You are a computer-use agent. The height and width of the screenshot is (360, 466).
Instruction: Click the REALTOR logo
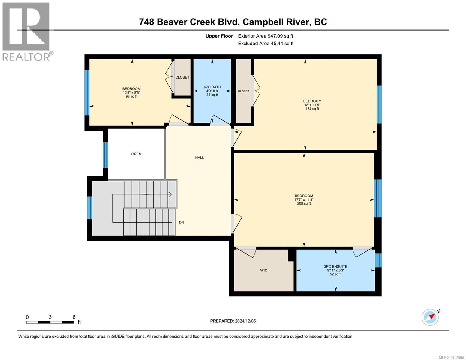point(26,31)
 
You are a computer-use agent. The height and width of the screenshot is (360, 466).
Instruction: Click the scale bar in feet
point(50,322)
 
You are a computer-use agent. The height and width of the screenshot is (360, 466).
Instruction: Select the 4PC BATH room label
point(212,87)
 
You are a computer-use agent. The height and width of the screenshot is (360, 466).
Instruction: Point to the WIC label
point(263,270)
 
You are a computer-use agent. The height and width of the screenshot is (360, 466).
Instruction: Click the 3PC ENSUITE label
point(335,266)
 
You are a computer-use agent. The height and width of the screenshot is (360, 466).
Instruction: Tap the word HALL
point(200,157)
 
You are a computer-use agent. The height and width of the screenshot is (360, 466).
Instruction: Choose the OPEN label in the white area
point(136,154)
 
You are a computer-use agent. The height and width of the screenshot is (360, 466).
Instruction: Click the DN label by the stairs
point(182,222)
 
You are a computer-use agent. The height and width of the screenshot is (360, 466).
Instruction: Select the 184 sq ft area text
point(312,109)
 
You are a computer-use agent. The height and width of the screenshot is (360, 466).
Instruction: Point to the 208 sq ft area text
point(304,204)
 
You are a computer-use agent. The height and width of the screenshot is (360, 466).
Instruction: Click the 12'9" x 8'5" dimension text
point(131,93)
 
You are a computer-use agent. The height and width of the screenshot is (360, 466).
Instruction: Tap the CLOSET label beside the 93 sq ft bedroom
point(182,77)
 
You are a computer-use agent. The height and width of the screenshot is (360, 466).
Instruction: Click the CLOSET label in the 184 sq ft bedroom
point(243,91)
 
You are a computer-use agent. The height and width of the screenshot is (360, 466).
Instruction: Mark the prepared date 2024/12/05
point(233,321)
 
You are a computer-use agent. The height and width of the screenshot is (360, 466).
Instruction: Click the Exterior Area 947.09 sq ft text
point(265,36)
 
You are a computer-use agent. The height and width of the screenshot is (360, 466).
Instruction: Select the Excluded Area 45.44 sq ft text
point(266,43)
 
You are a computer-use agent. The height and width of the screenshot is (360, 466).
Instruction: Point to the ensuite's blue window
point(378,260)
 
